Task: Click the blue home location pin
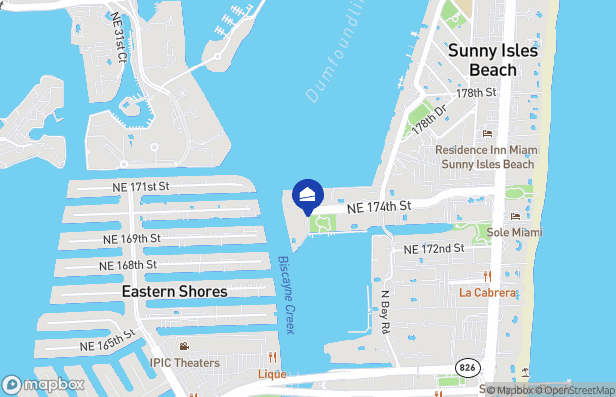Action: tap(308, 195)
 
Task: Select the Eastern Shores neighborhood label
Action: tap(174, 291)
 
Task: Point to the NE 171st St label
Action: tap(137, 186)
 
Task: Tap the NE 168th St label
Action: tap(128, 265)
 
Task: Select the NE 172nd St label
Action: tap(434, 248)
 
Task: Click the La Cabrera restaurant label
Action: tap(487, 293)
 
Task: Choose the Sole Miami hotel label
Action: tap(515, 232)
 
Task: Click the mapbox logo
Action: tap(44, 384)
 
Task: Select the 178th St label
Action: tap(476, 92)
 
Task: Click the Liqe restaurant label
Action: tap(272, 374)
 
